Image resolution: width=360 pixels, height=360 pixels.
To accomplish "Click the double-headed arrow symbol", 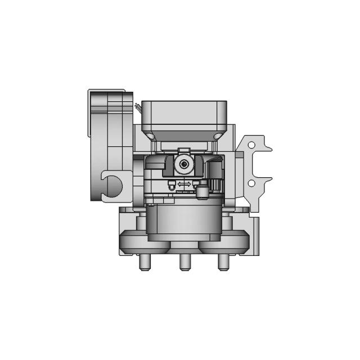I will point(183,184).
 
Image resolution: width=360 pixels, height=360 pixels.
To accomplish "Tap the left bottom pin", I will point(142,262).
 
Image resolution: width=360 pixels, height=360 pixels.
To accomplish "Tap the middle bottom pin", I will point(183,262).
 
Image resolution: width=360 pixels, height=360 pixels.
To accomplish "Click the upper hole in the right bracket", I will point(251,146).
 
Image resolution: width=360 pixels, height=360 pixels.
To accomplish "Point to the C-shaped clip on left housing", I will point(110,186).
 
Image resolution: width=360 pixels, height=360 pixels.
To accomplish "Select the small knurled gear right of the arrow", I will point(214,183).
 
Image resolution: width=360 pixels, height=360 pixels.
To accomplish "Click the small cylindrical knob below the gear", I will point(201,192).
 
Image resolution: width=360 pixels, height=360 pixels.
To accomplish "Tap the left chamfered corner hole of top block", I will point(152,136).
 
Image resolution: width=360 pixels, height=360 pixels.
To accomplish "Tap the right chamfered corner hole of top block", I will point(216,136).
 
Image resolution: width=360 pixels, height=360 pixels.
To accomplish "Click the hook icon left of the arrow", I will point(170,184).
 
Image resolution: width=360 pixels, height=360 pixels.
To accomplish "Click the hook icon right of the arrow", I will point(195,183).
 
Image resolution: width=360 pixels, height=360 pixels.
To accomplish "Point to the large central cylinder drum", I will point(184,219).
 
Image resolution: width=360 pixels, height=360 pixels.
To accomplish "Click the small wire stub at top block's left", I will point(137,105).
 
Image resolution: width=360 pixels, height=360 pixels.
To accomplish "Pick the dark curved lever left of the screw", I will point(169,165).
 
